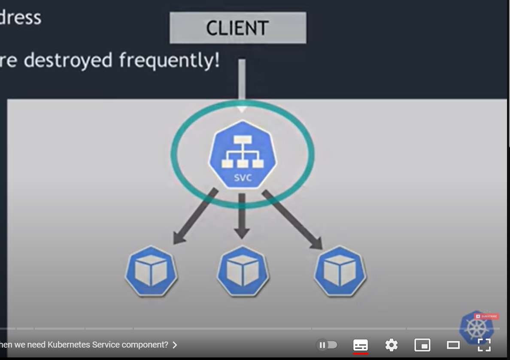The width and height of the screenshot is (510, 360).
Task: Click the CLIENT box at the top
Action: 238,28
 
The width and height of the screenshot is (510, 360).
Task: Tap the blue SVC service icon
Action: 243,154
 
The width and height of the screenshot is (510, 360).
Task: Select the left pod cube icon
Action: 151,271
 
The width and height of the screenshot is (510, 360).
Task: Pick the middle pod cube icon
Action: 243,271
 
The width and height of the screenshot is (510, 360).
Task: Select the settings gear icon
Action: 391,345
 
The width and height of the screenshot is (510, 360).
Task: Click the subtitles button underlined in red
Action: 360,345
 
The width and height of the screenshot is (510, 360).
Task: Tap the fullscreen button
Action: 484,345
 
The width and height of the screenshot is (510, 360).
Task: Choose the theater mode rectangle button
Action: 453,345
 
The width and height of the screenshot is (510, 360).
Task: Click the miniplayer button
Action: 422,345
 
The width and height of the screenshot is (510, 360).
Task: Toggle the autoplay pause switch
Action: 327,345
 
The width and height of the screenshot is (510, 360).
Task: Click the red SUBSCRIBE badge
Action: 486,317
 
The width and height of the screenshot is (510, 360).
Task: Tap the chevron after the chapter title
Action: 175,345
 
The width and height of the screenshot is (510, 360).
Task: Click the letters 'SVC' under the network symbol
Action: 243,178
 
